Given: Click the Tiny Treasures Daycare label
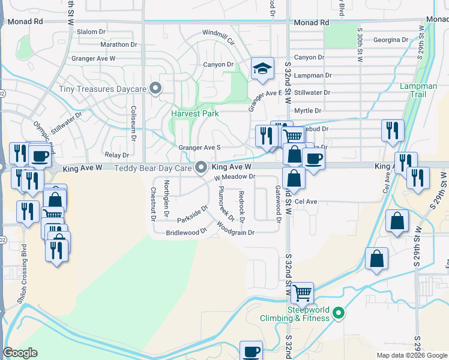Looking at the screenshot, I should pos(103,89).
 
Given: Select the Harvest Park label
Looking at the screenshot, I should pos(194,113).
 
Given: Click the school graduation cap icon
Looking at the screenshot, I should pos(262,70).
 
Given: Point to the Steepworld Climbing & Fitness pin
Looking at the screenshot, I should pos(339,313).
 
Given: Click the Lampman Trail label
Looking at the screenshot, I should pos(418,91).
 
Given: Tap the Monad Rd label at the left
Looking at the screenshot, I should pos(26,20).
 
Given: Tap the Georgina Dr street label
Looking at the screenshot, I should pos(390,40).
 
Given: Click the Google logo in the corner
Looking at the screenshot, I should pos(20,353).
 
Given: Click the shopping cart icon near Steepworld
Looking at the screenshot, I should pos(303,293).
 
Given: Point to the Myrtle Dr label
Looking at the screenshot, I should pos(308,110).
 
